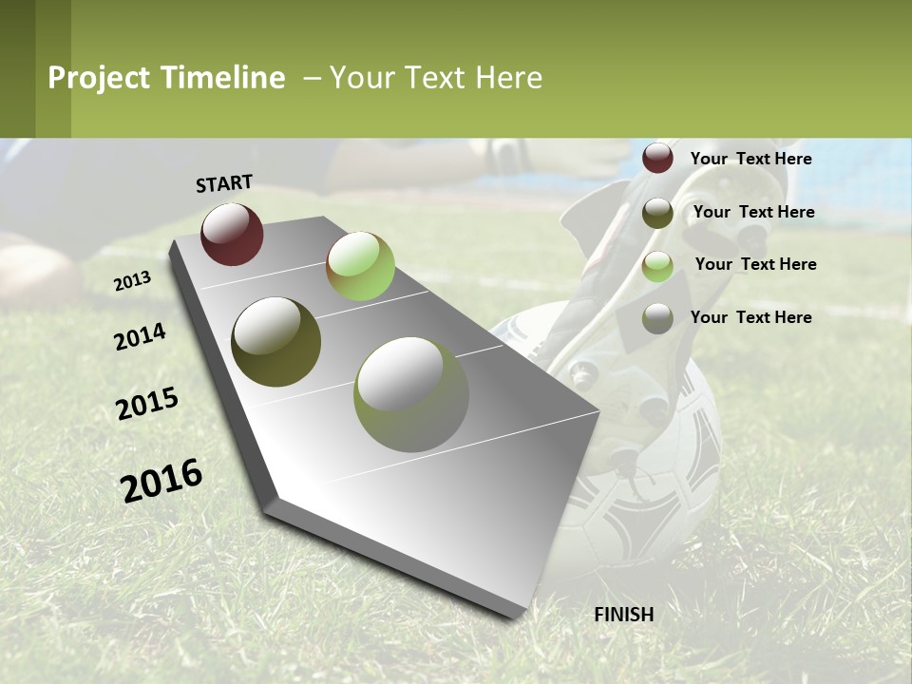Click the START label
224,183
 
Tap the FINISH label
624,615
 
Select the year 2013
133,280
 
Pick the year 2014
141,336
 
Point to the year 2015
147,404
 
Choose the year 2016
161,480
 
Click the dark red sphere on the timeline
232,234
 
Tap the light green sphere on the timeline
360,266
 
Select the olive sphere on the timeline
275,342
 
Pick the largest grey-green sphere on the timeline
411,393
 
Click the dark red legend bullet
657,158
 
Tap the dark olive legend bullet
657,213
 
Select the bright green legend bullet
657,266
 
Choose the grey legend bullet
657,318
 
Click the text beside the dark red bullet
750,159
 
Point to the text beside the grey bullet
750,317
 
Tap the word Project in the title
99,78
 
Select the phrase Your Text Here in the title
436,78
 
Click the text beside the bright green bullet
755,264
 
